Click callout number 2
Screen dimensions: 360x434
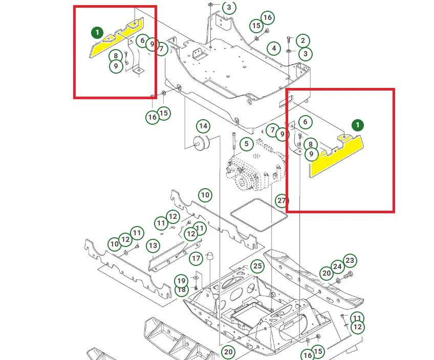(x=303, y=40)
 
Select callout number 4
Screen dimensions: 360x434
(x=274, y=49)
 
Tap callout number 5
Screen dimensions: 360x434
(x=247, y=144)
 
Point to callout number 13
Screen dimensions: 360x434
(x=153, y=246)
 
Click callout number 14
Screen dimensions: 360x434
(x=203, y=126)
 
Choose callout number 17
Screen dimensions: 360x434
(x=196, y=258)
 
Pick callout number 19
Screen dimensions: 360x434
(x=181, y=281)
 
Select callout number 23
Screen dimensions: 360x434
(x=350, y=261)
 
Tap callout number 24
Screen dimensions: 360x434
(x=337, y=266)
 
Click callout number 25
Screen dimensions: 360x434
(x=257, y=266)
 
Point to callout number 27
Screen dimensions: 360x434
(x=282, y=200)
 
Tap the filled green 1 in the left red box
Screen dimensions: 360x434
(x=97, y=33)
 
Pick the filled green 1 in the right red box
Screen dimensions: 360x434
(x=358, y=125)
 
